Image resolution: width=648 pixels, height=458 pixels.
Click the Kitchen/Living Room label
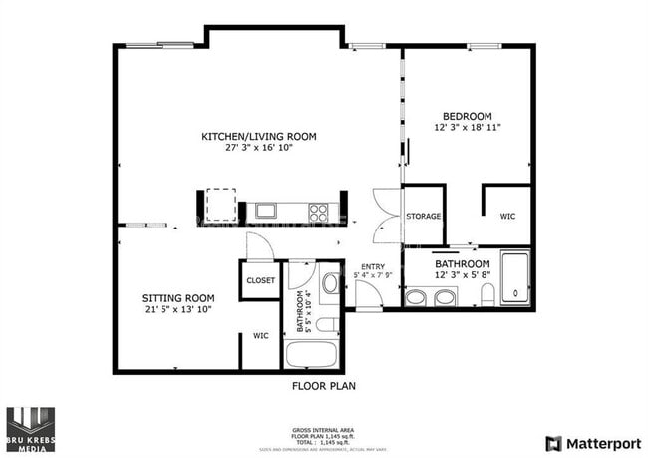(x=258, y=136)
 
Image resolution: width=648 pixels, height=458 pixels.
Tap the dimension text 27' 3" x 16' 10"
(x=258, y=148)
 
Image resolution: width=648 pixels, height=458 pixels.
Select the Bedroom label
(x=465, y=116)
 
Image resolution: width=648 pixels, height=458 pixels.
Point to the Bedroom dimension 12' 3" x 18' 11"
(x=465, y=128)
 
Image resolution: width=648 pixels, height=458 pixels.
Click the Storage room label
(x=423, y=216)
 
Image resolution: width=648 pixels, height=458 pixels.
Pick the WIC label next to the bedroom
(x=507, y=216)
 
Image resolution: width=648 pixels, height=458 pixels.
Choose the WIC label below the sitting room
(x=260, y=336)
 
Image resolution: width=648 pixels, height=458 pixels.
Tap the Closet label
(x=260, y=281)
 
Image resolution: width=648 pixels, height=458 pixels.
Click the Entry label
(x=372, y=266)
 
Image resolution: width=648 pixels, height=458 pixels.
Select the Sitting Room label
(x=177, y=298)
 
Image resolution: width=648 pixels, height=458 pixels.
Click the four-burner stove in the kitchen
(x=318, y=211)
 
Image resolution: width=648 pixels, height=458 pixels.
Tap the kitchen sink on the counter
(x=265, y=210)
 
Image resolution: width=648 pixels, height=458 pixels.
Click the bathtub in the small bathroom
(x=312, y=354)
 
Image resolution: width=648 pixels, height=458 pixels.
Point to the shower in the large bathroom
(x=514, y=278)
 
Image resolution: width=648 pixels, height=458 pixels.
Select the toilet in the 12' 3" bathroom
(x=487, y=294)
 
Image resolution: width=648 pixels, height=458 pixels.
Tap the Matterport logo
(x=591, y=442)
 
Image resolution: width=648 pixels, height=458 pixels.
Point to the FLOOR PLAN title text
(x=323, y=385)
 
